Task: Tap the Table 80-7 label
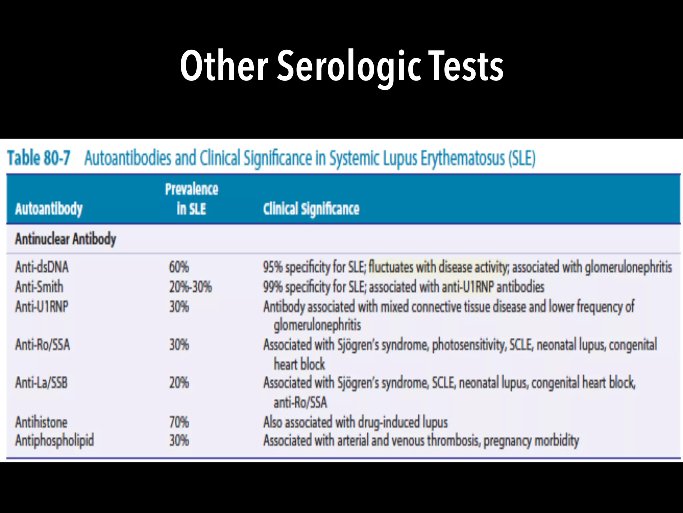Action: pyautogui.click(x=39, y=158)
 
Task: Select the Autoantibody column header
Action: pyautogui.click(x=49, y=209)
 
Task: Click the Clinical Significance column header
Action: pyautogui.click(x=311, y=209)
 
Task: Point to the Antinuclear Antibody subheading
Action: pyautogui.click(x=65, y=239)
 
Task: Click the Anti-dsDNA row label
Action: pyautogui.click(x=42, y=267)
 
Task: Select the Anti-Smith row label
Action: pyautogui.click(x=39, y=287)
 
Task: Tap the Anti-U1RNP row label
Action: pyautogui.click(x=42, y=307)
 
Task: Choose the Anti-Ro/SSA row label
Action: pyautogui.click(x=43, y=345)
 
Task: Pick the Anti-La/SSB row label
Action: pyautogui.click(x=41, y=383)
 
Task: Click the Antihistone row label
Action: pyautogui.click(x=41, y=422)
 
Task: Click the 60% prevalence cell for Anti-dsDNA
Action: pyautogui.click(x=179, y=267)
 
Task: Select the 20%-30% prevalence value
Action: pyautogui.click(x=190, y=287)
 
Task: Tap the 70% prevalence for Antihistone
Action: pyautogui.click(x=179, y=422)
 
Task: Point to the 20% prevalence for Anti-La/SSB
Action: pyautogui.click(x=179, y=383)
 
